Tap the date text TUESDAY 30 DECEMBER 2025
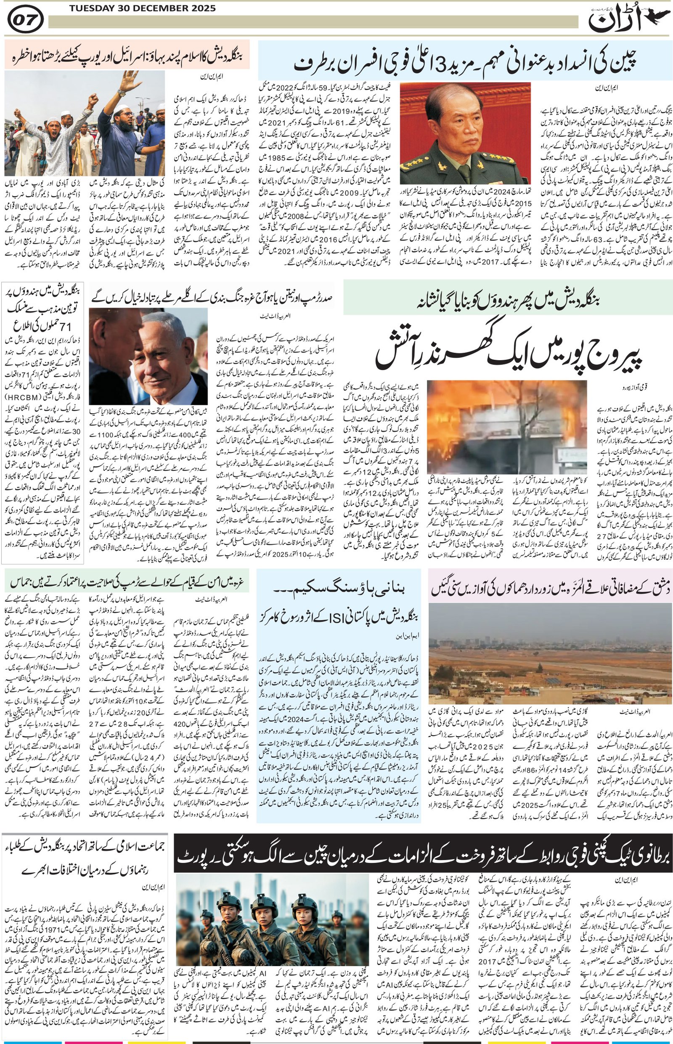pyautogui.click(x=142, y=8)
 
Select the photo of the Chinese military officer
pyautogui.click(x=465, y=133)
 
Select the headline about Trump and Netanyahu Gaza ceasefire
pyautogui.click(x=209, y=297)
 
